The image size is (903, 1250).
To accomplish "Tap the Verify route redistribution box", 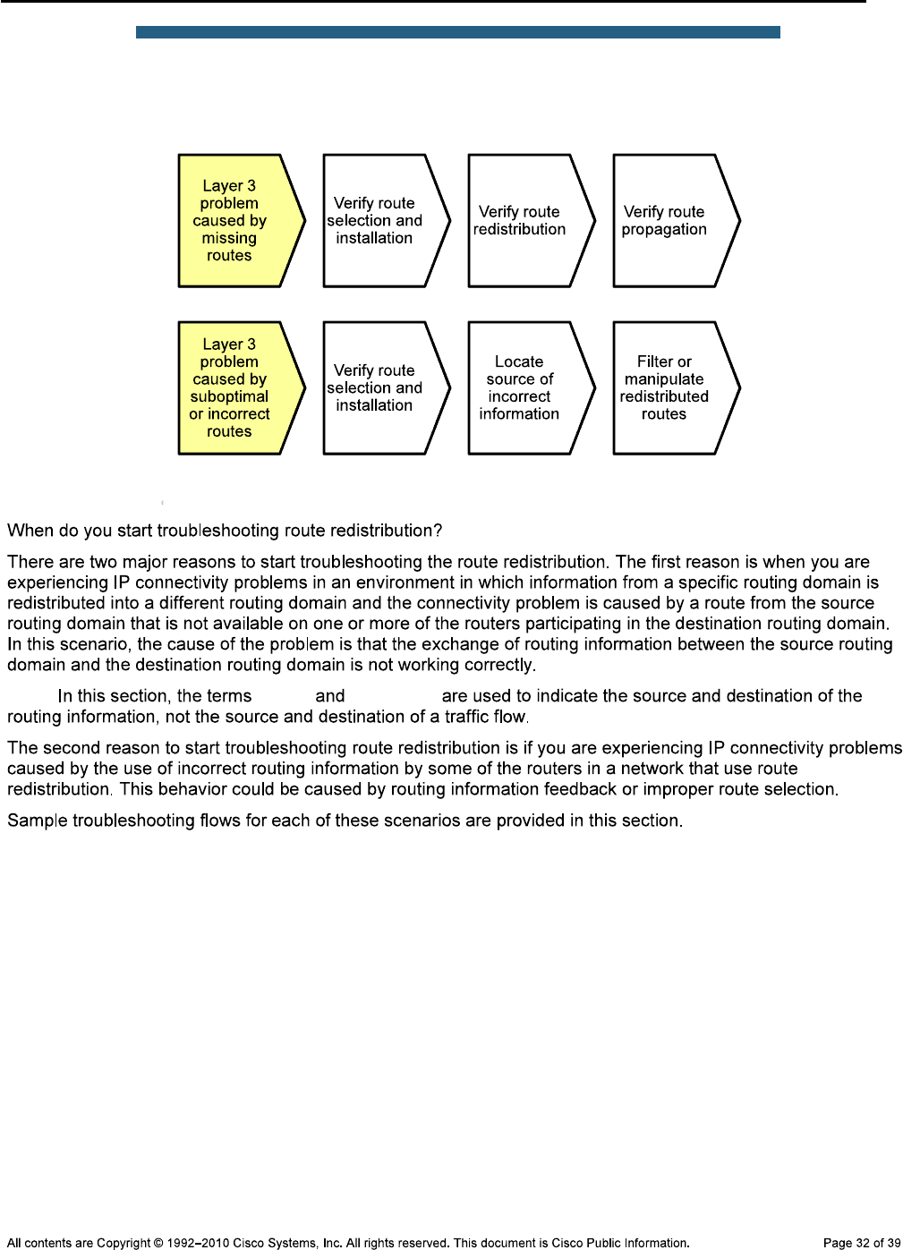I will pos(524,221).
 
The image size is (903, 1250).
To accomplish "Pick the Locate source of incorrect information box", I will pos(524,388).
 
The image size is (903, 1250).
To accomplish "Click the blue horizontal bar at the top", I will pos(457,32).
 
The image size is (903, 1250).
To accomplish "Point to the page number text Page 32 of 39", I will pos(861,1243).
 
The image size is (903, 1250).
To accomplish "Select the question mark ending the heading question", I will pos(438,531).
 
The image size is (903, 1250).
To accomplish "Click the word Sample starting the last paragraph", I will pos(33,821).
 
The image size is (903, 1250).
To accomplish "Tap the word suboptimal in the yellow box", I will pos(229,396).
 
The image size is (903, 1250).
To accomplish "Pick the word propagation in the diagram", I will pos(664,230).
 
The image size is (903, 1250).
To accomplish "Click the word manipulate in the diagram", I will pos(664,379).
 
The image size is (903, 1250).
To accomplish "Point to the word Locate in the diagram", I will pos(519,361).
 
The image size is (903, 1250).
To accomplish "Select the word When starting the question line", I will pos(30,531).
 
